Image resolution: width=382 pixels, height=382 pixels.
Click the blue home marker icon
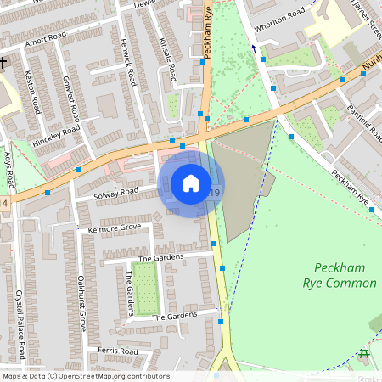pyautogui.click(x=191, y=183)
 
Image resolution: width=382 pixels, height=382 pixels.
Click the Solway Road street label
pyautogui.click(x=117, y=193)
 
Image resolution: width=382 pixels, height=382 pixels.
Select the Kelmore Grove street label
pyautogui.click(x=114, y=228)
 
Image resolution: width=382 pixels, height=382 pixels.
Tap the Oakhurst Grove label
pyautogui.click(x=82, y=302)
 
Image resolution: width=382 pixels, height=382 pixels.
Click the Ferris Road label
pyautogui.click(x=117, y=351)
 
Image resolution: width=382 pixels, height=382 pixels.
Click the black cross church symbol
pyautogui.click(x=4, y=64)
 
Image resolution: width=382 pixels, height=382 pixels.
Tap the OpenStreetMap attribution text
pyautogui.click(x=85, y=376)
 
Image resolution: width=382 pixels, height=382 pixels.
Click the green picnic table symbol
pyautogui.click(x=364, y=354)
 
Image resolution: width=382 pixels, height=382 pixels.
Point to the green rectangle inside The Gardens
pyautogui.click(x=146, y=287)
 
